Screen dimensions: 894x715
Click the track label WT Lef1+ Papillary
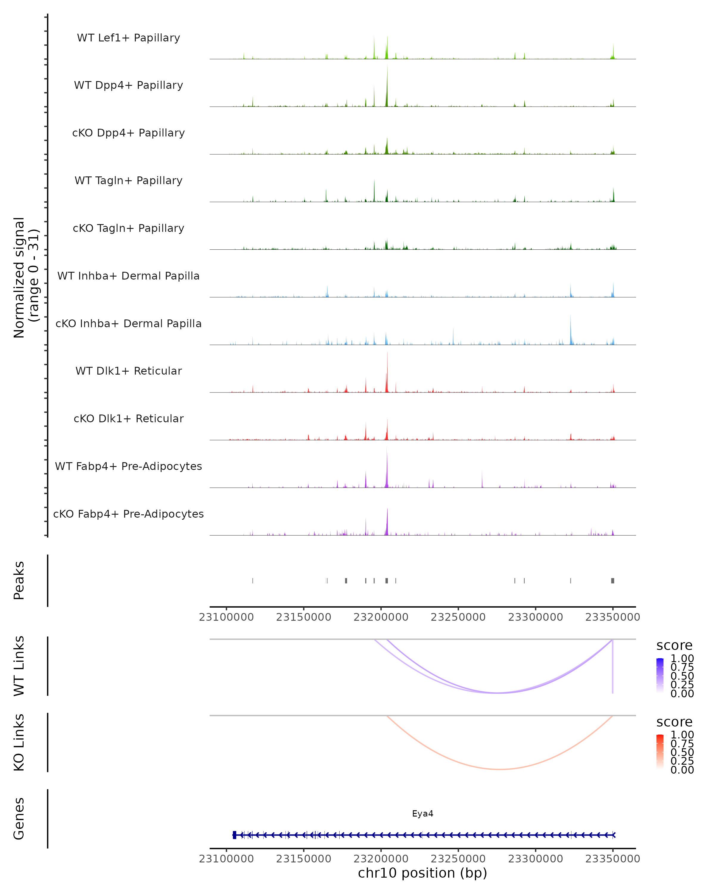coord(128,38)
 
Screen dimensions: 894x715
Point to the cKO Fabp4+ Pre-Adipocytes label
coord(128,514)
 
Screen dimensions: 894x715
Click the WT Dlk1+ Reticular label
coord(128,371)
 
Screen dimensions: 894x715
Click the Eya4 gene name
coord(422,814)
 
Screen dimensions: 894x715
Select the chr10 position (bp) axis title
coord(422,873)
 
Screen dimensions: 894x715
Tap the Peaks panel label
coord(19,581)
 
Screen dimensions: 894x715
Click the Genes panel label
coord(19,819)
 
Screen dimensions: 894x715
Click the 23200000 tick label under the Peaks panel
coord(381,617)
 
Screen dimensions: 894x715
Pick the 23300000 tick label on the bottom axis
coord(536,859)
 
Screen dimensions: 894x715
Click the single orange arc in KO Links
coord(500,769)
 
